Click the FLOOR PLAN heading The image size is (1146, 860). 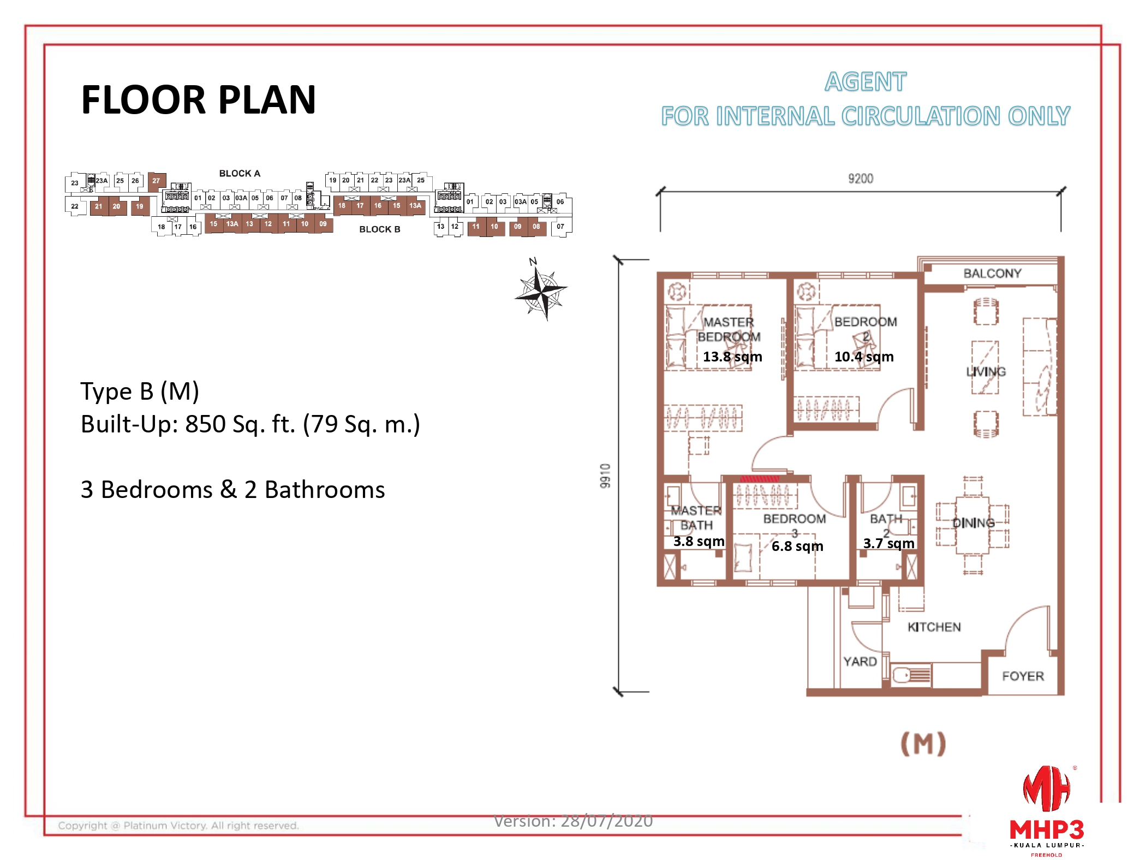pos(198,100)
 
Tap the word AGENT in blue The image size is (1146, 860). pos(865,82)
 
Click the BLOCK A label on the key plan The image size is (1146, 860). pos(240,173)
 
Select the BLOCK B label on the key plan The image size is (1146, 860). pos(379,229)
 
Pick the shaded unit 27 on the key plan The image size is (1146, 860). pos(156,181)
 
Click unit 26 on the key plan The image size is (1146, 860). pos(135,181)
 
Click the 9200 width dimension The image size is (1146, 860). pos(860,179)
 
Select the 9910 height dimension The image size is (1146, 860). pos(605,475)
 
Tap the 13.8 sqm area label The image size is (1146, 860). pos(732,357)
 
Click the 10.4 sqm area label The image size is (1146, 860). pos(863,357)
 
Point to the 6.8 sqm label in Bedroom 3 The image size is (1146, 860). pos(797,546)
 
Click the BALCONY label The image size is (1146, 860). pos(992,273)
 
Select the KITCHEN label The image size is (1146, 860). pos(934,627)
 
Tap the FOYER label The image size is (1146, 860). pos(1022,676)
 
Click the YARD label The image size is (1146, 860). pos(859,661)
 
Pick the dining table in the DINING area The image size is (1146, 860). pos(972,524)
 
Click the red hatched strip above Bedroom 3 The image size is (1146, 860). pos(759,479)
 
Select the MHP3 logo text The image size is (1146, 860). pos(1046,830)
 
